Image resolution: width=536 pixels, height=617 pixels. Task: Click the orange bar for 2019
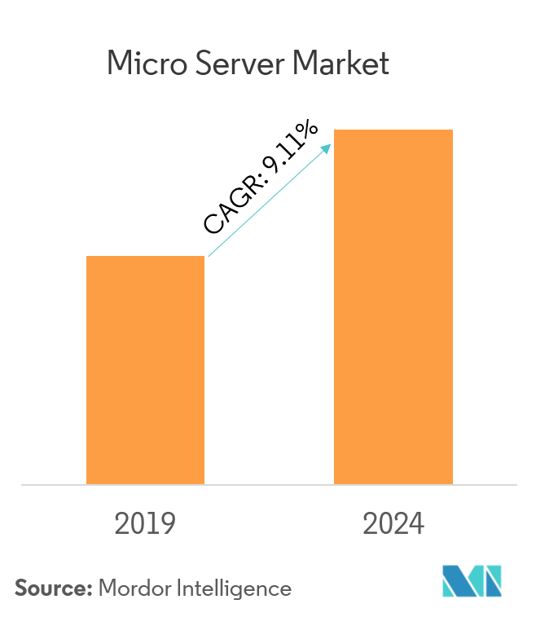tap(145, 370)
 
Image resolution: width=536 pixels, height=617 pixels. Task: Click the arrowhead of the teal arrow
tap(327, 148)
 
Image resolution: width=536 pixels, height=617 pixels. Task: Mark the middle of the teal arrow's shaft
tap(270, 201)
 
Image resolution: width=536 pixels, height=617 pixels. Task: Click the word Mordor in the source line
tap(133, 587)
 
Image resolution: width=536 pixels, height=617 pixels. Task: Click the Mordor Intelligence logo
tap(472, 581)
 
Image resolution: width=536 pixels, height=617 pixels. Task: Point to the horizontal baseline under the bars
tap(269, 485)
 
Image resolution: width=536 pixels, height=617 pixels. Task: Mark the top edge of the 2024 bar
tap(393, 130)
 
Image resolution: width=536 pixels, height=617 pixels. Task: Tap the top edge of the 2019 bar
tap(145, 257)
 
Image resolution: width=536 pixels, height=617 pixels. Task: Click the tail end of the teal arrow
tap(209, 257)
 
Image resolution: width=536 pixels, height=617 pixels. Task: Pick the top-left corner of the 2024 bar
tap(335, 130)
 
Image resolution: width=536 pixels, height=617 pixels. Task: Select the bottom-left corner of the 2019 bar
tap(87, 483)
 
